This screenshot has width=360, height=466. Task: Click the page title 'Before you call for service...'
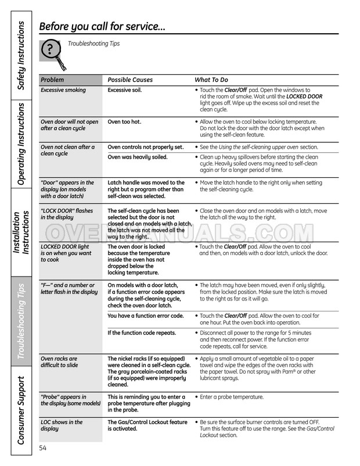102,26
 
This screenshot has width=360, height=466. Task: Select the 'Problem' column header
52,80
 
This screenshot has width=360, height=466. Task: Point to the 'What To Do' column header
211,80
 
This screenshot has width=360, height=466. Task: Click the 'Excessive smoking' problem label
63,90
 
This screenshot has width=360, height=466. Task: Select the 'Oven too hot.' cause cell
124,121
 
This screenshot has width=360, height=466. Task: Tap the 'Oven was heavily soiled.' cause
138,157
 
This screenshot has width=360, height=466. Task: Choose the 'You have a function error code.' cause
146,316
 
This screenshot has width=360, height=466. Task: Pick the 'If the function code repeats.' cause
142,333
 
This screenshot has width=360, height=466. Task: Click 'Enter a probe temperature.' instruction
232,397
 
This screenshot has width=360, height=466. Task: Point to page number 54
43,447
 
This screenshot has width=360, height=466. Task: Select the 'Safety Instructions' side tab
20,55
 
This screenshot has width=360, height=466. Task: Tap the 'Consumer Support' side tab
20,410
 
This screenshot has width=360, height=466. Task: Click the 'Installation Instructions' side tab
20,232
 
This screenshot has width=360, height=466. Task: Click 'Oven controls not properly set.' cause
146,147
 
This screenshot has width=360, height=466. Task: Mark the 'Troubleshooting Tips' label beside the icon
94,44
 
